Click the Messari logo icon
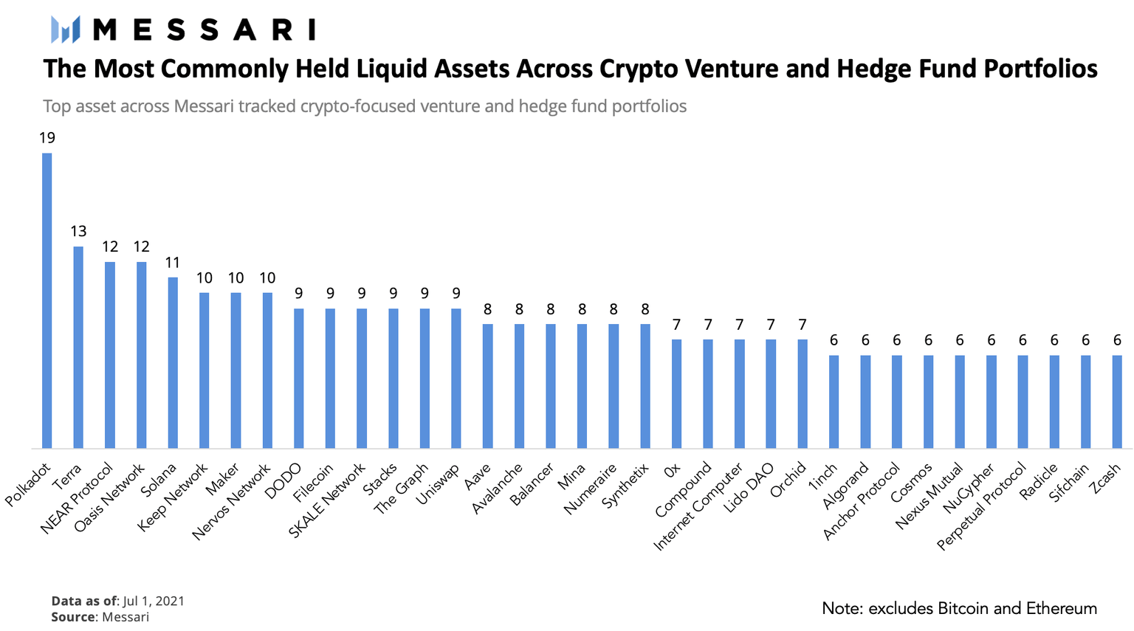(x=65, y=30)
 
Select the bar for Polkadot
(x=47, y=300)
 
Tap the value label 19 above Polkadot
(x=47, y=138)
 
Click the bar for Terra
(x=78, y=347)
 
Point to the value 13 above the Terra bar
(x=78, y=232)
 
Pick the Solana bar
(x=173, y=362)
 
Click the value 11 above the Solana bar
(x=173, y=263)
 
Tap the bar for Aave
(x=487, y=386)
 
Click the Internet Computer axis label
(x=698, y=508)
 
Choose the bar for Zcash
(x=1117, y=401)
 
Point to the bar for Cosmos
(x=928, y=401)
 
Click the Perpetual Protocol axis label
(x=982, y=507)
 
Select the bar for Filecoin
(x=330, y=378)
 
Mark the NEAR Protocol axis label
(x=77, y=498)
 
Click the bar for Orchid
(x=803, y=393)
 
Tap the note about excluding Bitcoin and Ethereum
(x=959, y=609)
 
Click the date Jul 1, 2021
(x=154, y=601)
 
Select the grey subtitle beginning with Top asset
(x=365, y=106)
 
